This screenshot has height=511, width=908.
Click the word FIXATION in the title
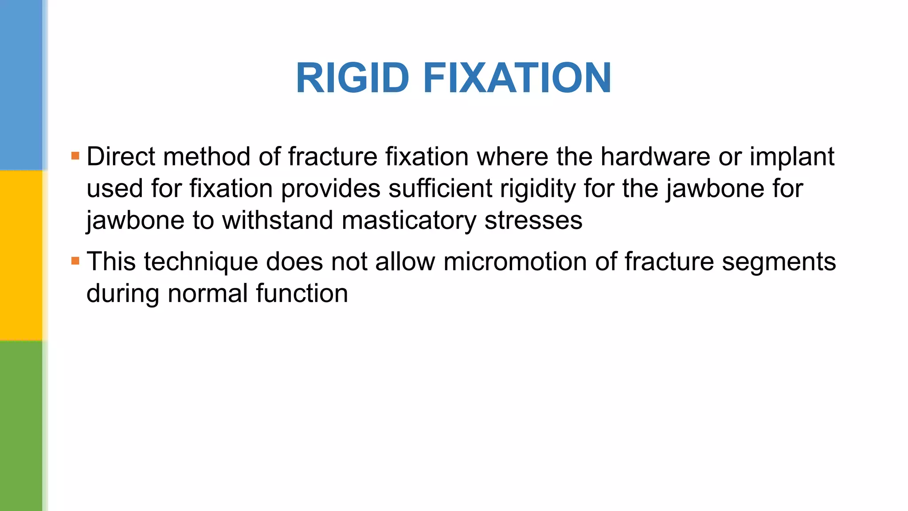tap(517, 78)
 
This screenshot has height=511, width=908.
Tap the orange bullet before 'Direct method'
tap(75, 156)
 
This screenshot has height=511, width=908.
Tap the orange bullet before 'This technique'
tap(75, 261)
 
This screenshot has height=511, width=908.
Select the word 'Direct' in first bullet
tap(121, 157)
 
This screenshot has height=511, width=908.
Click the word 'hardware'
tap(655, 157)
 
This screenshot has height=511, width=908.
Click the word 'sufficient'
tap(440, 189)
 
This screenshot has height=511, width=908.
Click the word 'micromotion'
tap(515, 261)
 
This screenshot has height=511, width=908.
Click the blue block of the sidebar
tap(21, 84)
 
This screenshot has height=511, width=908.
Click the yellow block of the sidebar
tap(21, 255)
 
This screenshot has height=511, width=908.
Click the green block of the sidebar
tap(21, 426)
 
